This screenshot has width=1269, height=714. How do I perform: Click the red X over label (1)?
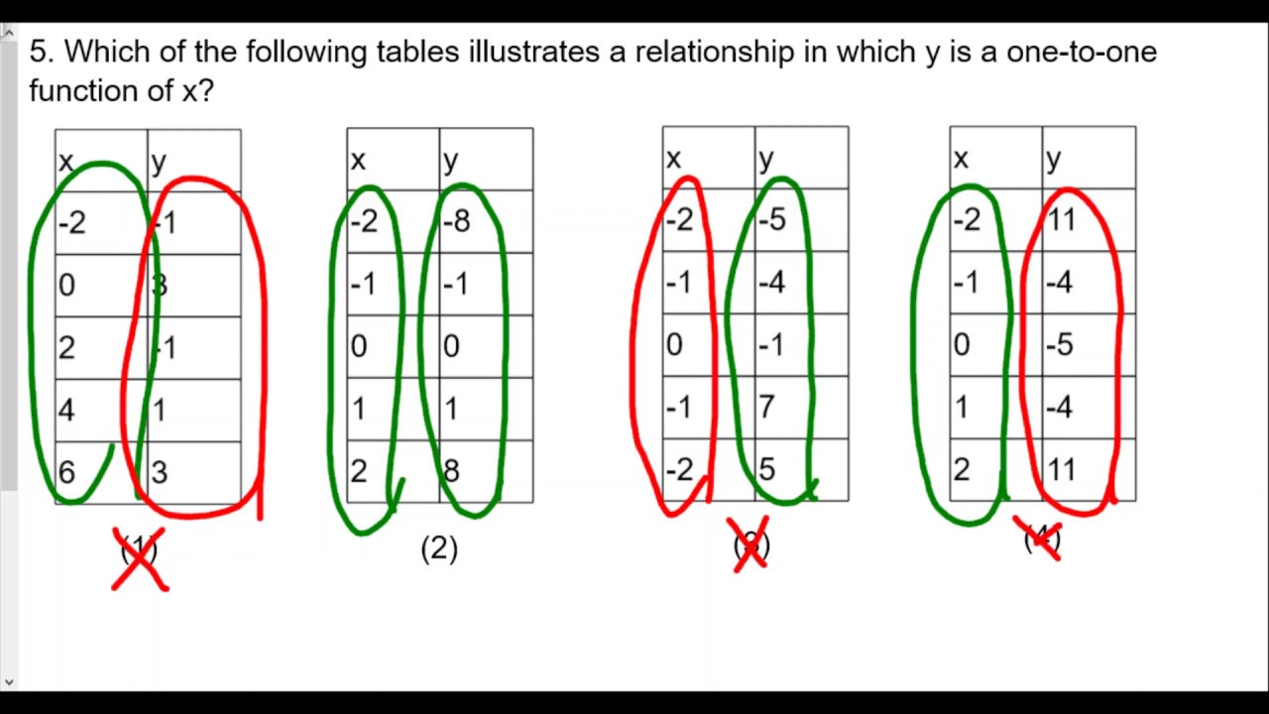pyautogui.click(x=139, y=558)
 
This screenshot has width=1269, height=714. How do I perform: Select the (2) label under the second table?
pyautogui.click(x=439, y=548)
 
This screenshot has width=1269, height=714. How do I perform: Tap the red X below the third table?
pyautogui.click(x=750, y=544)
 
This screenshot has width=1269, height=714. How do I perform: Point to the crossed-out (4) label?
pyautogui.click(x=1041, y=538)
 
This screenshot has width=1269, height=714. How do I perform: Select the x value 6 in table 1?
pyautogui.click(x=66, y=472)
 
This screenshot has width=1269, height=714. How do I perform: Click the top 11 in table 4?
pyautogui.click(x=1061, y=219)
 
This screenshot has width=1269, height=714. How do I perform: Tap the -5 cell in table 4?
pyautogui.click(x=1060, y=345)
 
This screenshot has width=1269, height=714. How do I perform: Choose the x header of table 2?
pyautogui.click(x=358, y=160)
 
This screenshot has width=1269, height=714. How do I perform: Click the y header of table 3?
pyautogui.click(x=765, y=159)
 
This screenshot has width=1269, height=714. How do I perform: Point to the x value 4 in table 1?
pyautogui.click(x=66, y=410)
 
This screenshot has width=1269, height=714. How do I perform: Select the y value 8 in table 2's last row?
pyautogui.click(x=451, y=471)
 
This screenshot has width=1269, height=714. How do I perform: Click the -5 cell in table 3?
pyautogui.click(x=771, y=219)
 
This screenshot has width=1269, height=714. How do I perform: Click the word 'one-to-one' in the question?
pyautogui.click(x=1082, y=52)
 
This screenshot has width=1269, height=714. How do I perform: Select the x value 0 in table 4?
pyautogui.click(x=961, y=345)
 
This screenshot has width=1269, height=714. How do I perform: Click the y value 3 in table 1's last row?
pyautogui.click(x=160, y=472)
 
